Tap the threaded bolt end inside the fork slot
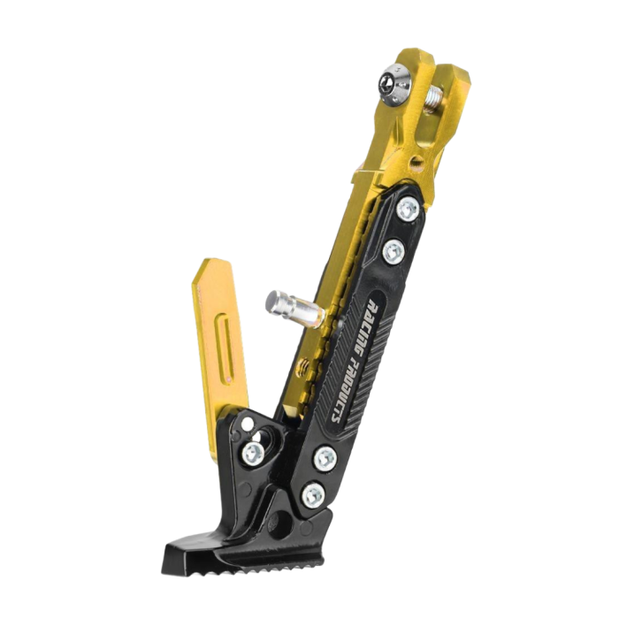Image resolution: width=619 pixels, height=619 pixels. pyautogui.click(x=436, y=97)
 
